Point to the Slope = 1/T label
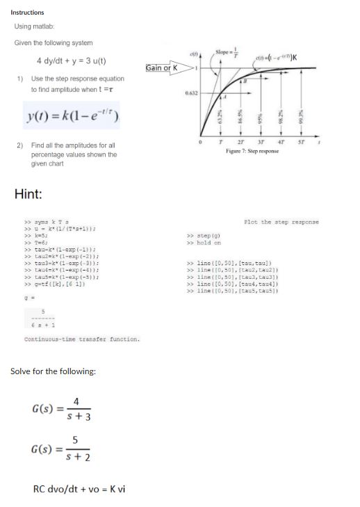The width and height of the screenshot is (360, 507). pos(226,55)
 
